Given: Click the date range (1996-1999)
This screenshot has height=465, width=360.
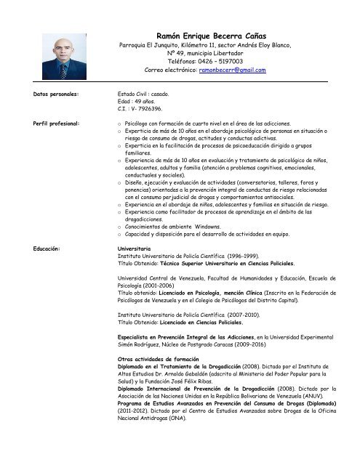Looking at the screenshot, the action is (x=238, y=256).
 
